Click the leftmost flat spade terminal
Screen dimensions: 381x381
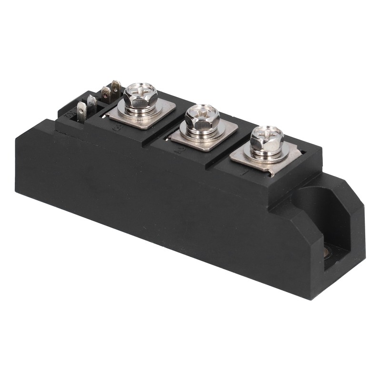click(81, 112)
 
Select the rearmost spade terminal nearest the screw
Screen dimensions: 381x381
click(116, 89)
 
